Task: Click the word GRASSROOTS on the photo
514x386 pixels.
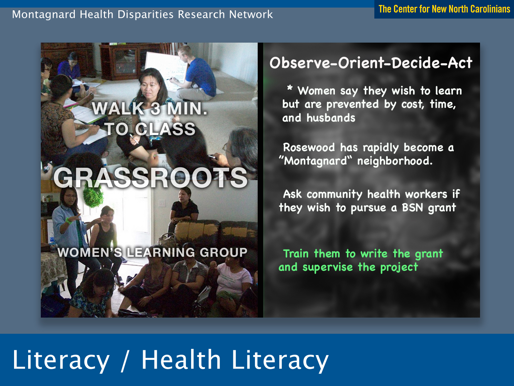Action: click(150, 178)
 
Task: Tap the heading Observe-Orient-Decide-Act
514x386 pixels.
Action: click(371, 63)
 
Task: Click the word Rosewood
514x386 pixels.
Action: click(309, 147)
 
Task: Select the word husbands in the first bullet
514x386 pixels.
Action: click(331, 118)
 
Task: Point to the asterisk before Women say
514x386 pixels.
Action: click(290, 88)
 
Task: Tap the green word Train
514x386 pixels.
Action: click(296, 254)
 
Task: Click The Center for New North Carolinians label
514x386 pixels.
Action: click(444, 9)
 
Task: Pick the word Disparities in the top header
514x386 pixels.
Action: click(145, 14)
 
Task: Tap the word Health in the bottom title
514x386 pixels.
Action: click(181, 359)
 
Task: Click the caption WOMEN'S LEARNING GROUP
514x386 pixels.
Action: click(152, 252)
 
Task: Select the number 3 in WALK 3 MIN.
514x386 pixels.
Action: click(155, 109)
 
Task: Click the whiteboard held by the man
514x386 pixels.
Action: click(165, 70)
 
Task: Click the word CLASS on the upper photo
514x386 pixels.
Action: click(165, 129)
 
